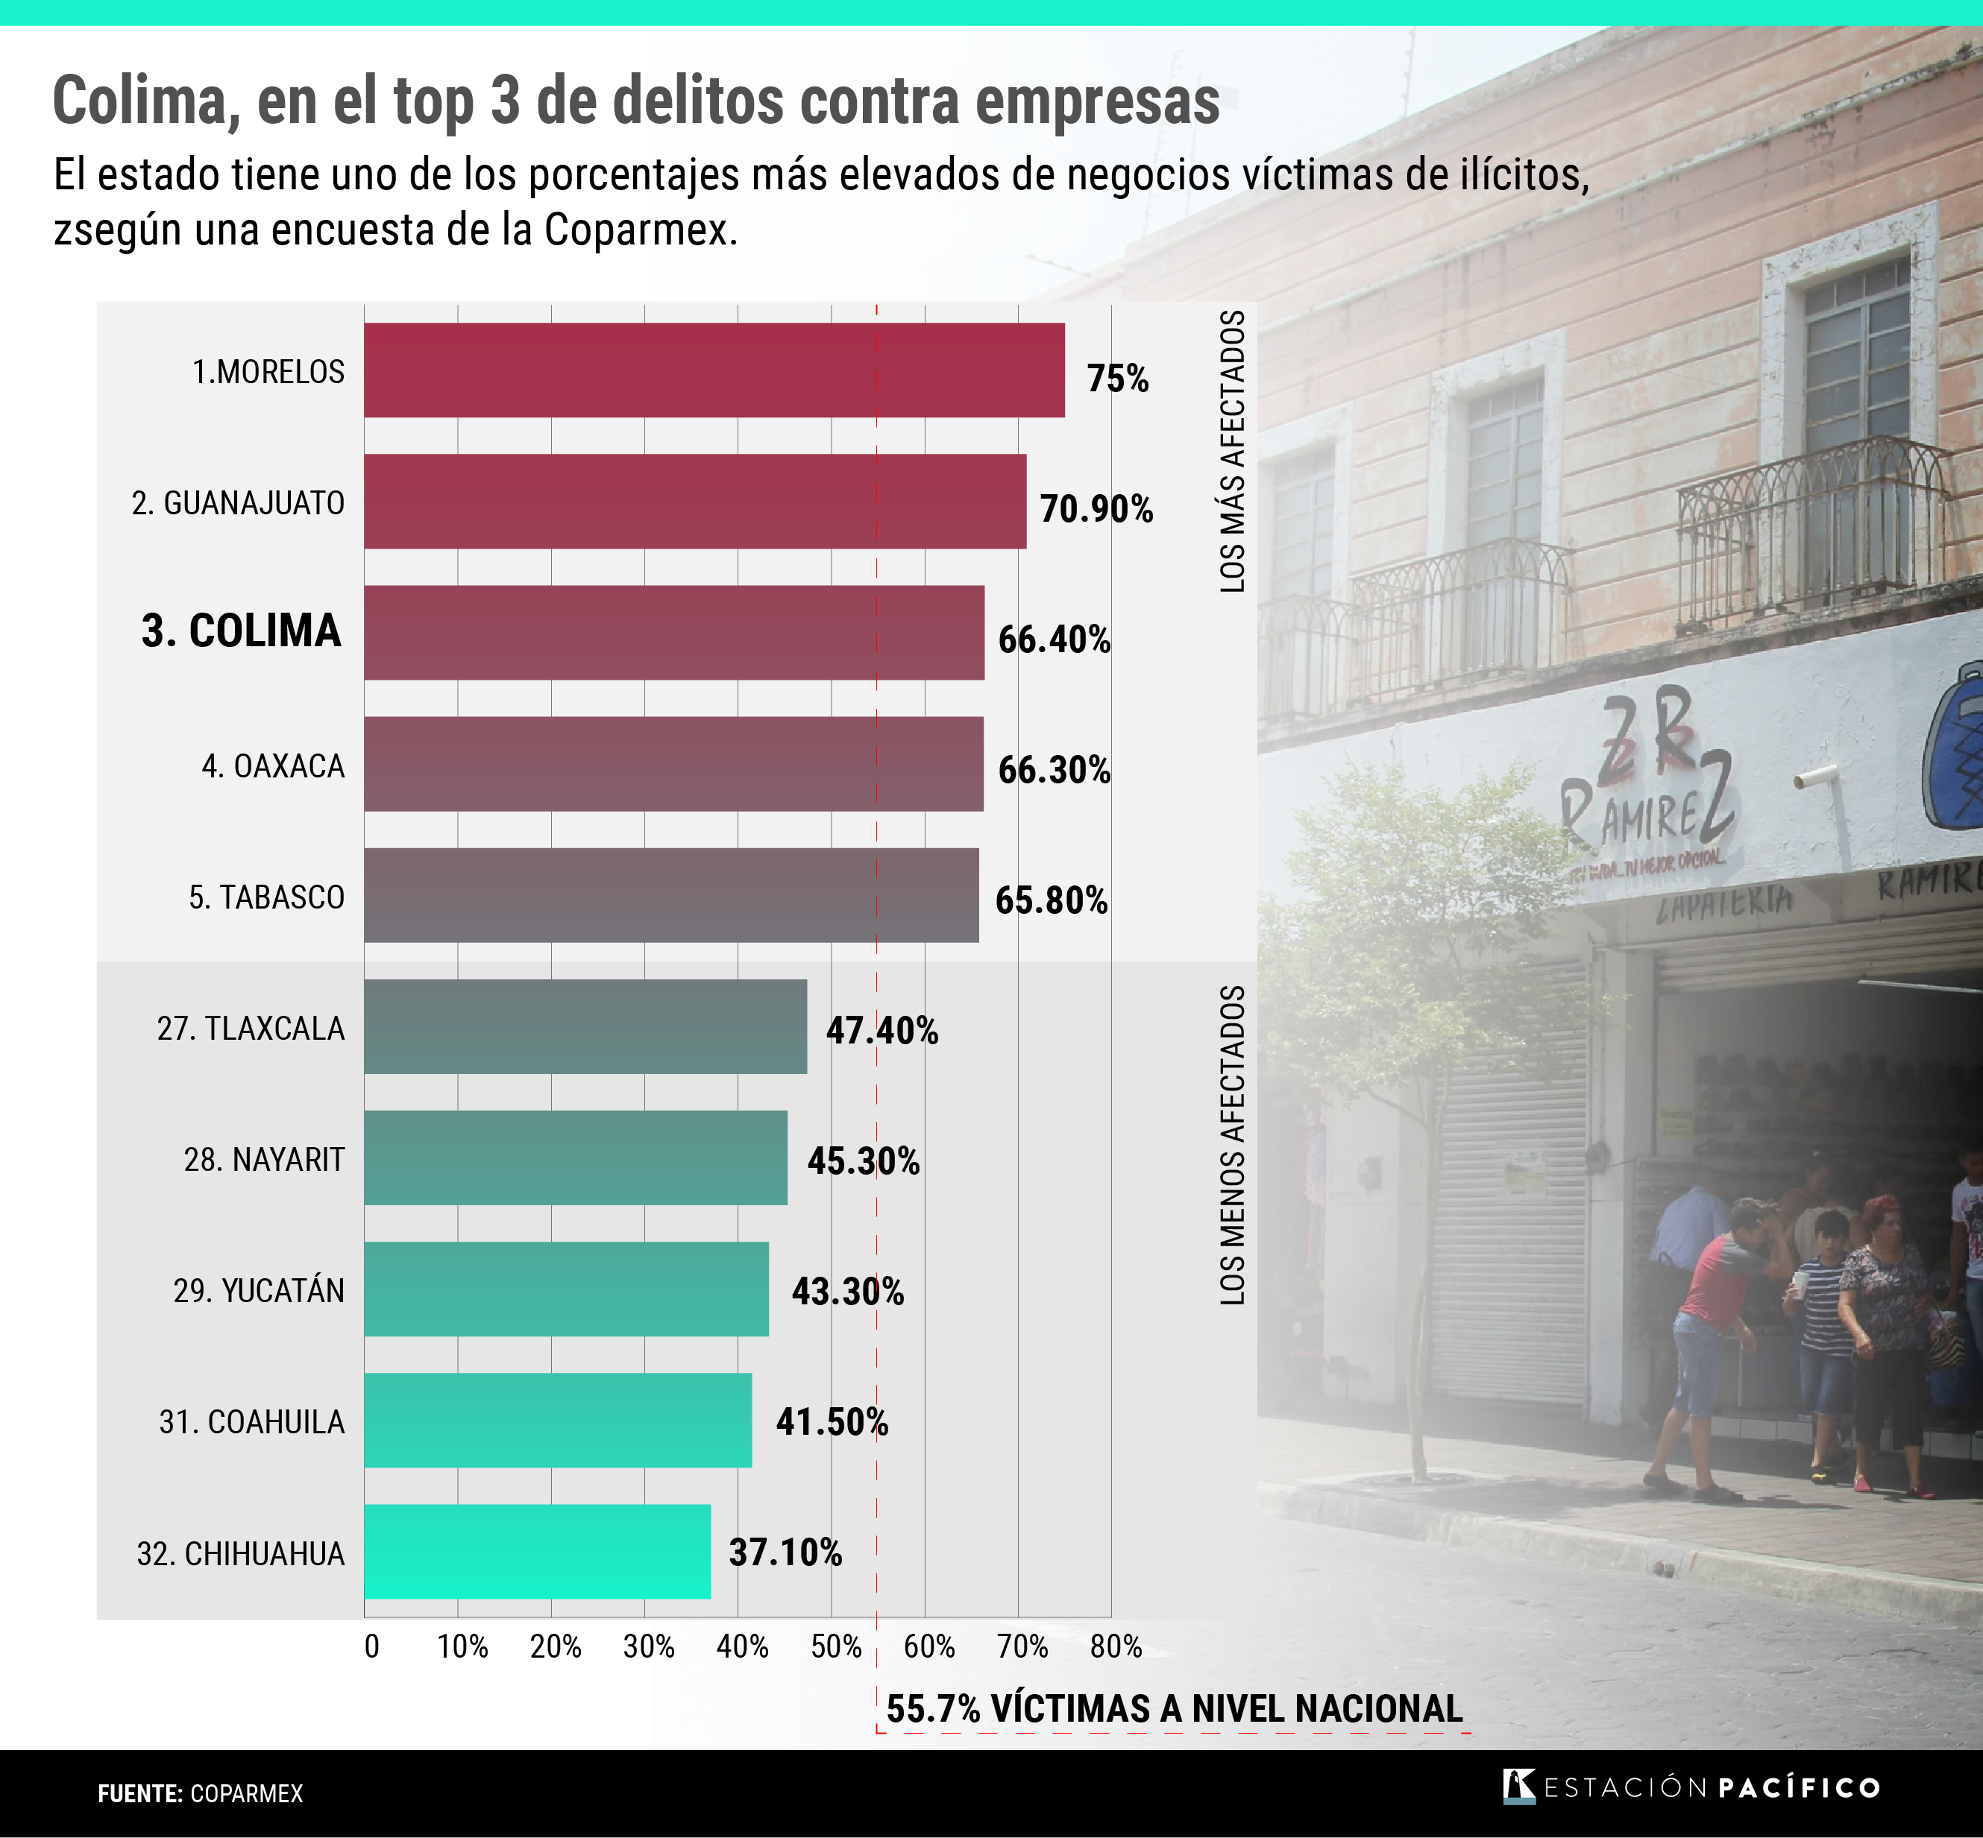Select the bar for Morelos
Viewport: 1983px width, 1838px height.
click(714, 370)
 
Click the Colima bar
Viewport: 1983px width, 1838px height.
click(673, 633)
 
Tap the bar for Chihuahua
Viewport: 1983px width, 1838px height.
click(537, 1552)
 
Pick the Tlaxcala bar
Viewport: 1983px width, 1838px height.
click(585, 1026)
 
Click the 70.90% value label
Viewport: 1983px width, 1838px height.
click(1096, 509)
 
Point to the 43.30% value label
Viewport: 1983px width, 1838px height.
click(848, 1291)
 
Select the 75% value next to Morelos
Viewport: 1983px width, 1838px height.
click(1117, 379)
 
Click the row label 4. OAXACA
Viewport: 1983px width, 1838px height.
click(273, 766)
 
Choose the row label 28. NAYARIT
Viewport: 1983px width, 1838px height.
click(264, 1160)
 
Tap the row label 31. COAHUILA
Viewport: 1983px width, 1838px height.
click(252, 1422)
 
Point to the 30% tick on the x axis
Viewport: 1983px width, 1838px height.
click(648, 1647)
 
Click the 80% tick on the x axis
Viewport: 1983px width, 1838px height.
click(1116, 1647)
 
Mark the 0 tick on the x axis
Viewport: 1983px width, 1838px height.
click(371, 1647)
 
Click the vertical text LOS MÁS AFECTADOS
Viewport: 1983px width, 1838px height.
click(1233, 452)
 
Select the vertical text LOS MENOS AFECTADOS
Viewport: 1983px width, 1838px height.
click(1233, 1146)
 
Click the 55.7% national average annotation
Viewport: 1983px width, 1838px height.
click(1174, 1709)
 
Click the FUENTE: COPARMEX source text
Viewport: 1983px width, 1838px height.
click(200, 1793)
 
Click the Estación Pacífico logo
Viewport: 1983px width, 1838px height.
click(1691, 1787)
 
